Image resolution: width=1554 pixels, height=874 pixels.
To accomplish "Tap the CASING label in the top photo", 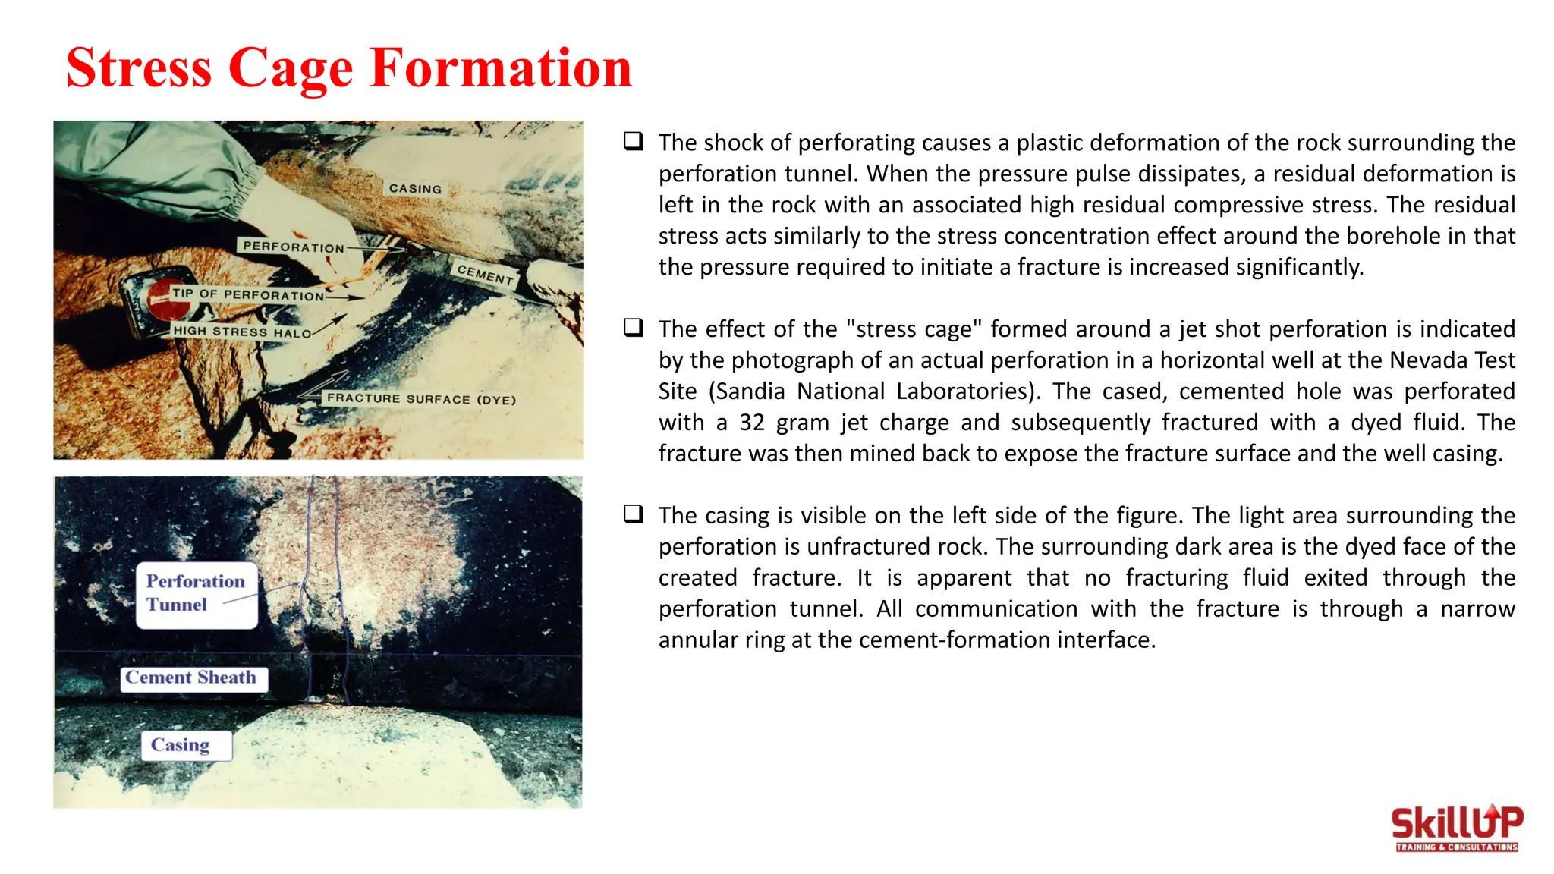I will click(x=415, y=188).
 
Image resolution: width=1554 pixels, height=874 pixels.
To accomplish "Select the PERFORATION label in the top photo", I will click(x=293, y=247).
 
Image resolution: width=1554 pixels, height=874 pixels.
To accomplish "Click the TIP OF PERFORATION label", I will click(x=247, y=294).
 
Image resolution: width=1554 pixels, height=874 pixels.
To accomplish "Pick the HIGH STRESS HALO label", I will click(x=241, y=332).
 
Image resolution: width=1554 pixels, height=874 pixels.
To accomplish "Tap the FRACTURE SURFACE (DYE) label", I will click(x=421, y=398).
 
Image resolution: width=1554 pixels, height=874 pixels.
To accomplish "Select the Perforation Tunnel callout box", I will click(x=196, y=594).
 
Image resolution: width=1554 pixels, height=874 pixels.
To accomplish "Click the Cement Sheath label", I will click(x=193, y=678).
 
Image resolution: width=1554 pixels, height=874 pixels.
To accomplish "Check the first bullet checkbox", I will click(x=634, y=141).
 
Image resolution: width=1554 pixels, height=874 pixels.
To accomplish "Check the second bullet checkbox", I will click(x=634, y=328).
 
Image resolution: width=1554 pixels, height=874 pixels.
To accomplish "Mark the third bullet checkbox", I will click(x=634, y=514).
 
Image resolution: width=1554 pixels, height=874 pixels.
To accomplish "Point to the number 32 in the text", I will click(x=751, y=423).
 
